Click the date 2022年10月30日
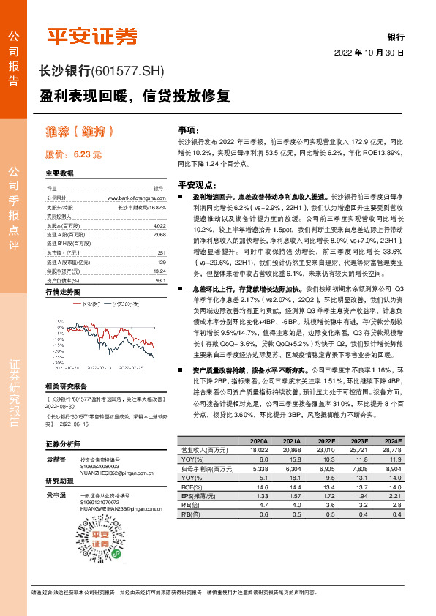(369, 53)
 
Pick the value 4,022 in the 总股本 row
(160, 226)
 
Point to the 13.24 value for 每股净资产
(160, 269)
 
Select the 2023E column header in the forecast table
(359, 441)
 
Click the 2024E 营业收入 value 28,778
(391, 450)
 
